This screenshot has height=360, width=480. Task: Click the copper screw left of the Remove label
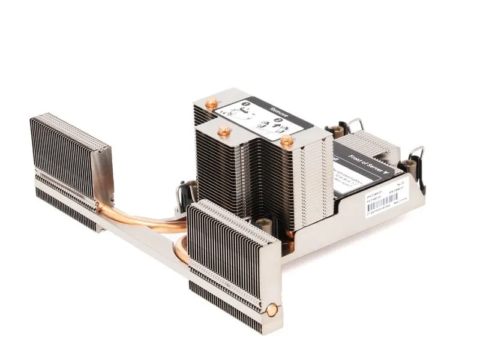point(211,104)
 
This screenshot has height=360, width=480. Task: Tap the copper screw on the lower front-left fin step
point(224,130)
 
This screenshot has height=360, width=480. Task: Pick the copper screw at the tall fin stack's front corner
point(287,142)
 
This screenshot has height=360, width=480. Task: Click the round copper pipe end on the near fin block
point(272,310)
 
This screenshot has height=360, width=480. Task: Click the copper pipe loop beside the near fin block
point(181,247)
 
